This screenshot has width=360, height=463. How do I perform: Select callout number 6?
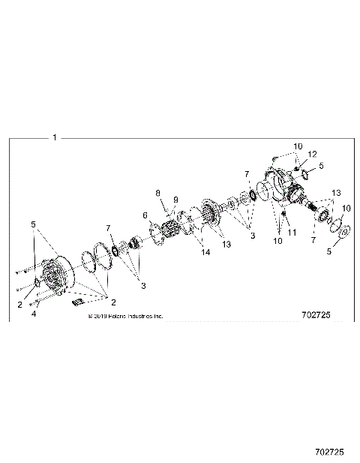(x=145, y=215)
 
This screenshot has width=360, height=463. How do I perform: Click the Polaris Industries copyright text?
(x=126, y=317)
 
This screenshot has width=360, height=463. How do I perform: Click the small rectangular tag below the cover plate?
(x=78, y=302)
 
